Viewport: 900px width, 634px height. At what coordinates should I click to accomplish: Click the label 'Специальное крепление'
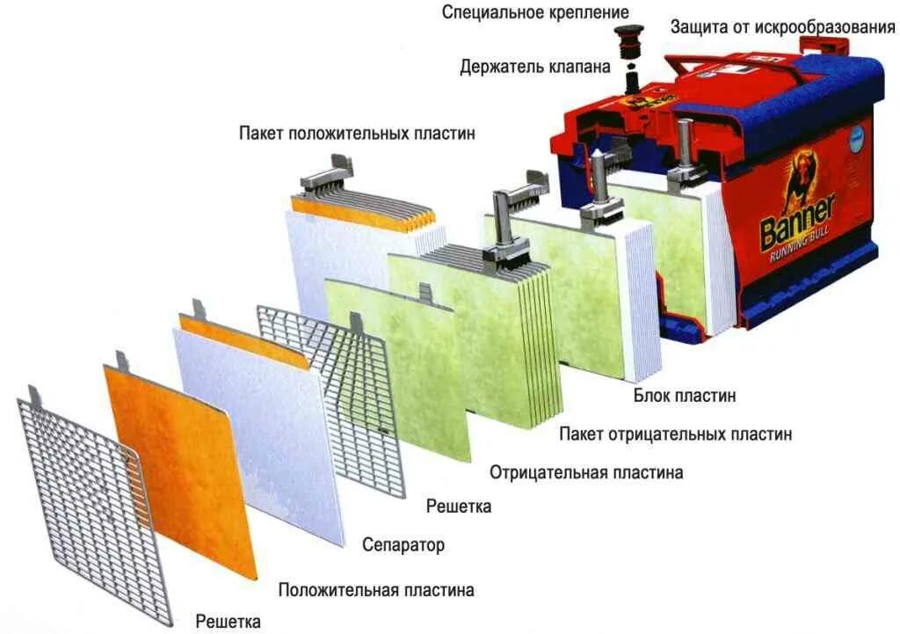tap(535, 12)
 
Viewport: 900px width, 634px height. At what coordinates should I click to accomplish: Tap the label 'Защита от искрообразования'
tap(783, 26)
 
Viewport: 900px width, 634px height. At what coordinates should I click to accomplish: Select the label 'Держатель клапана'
tap(535, 67)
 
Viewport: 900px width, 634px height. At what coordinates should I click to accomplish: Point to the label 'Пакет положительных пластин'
tap(357, 134)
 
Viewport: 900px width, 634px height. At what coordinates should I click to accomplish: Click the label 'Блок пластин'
tap(685, 396)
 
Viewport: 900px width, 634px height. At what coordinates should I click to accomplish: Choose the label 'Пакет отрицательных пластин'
tap(675, 434)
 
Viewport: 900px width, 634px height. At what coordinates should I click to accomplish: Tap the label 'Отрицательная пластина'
tap(586, 472)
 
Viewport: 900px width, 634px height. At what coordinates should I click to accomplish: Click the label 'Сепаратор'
tap(403, 545)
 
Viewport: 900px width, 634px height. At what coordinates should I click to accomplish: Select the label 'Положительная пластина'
tap(376, 590)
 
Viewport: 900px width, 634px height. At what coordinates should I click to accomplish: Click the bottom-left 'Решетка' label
tap(228, 623)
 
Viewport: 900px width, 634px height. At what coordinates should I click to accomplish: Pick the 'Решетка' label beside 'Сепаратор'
tap(459, 506)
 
